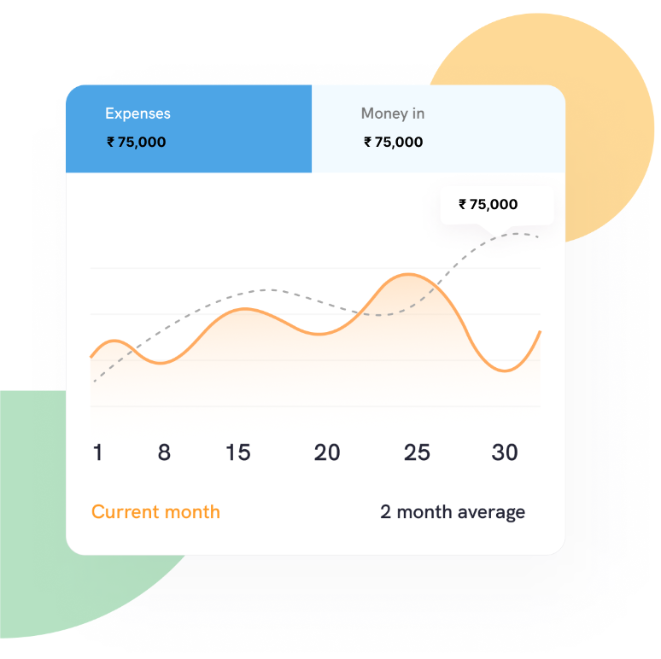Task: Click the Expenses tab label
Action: click(137, 114)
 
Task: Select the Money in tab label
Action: click(393, 114)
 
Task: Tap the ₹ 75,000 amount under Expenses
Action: click(136, 142)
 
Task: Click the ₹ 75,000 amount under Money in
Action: click(394, 142)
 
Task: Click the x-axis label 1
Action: click(97, 452)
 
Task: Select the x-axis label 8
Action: click(164, 452)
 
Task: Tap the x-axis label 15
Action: click(238, 452)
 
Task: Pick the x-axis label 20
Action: click(327, 452)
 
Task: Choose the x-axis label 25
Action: click(417, 452)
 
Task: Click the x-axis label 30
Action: click(505, 452)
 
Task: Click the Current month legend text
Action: click(155, 512)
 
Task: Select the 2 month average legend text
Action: click(453, 512)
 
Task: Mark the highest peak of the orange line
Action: click(408, 274)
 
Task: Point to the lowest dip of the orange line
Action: click(505, 371)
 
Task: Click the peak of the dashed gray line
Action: click(518, 233)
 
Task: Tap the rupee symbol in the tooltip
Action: click(463, 204)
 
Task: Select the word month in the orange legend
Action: click(192, 512)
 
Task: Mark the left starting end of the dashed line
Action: click(95, 382)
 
